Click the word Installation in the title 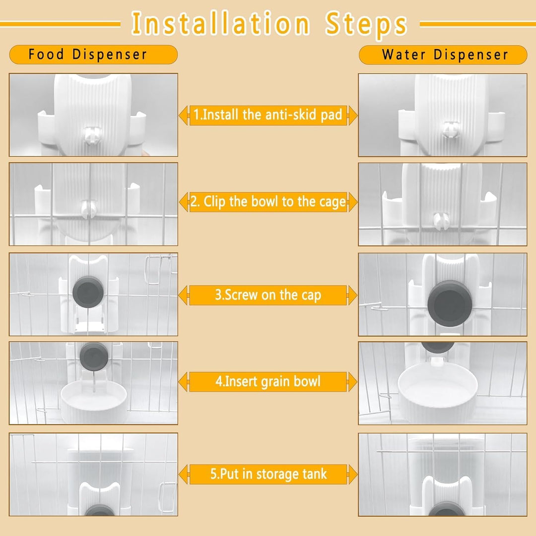220,23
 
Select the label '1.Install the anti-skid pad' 268,115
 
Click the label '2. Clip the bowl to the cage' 268,202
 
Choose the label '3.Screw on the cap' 268,295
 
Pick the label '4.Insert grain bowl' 268,382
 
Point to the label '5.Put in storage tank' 268,474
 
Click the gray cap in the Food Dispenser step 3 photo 88,292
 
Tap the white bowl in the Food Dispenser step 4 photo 94,400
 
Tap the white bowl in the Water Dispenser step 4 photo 438,390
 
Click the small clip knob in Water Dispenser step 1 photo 450,129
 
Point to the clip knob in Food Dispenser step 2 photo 89,209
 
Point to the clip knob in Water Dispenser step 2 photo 440,221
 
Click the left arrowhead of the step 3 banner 183,295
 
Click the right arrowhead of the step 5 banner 353,474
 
